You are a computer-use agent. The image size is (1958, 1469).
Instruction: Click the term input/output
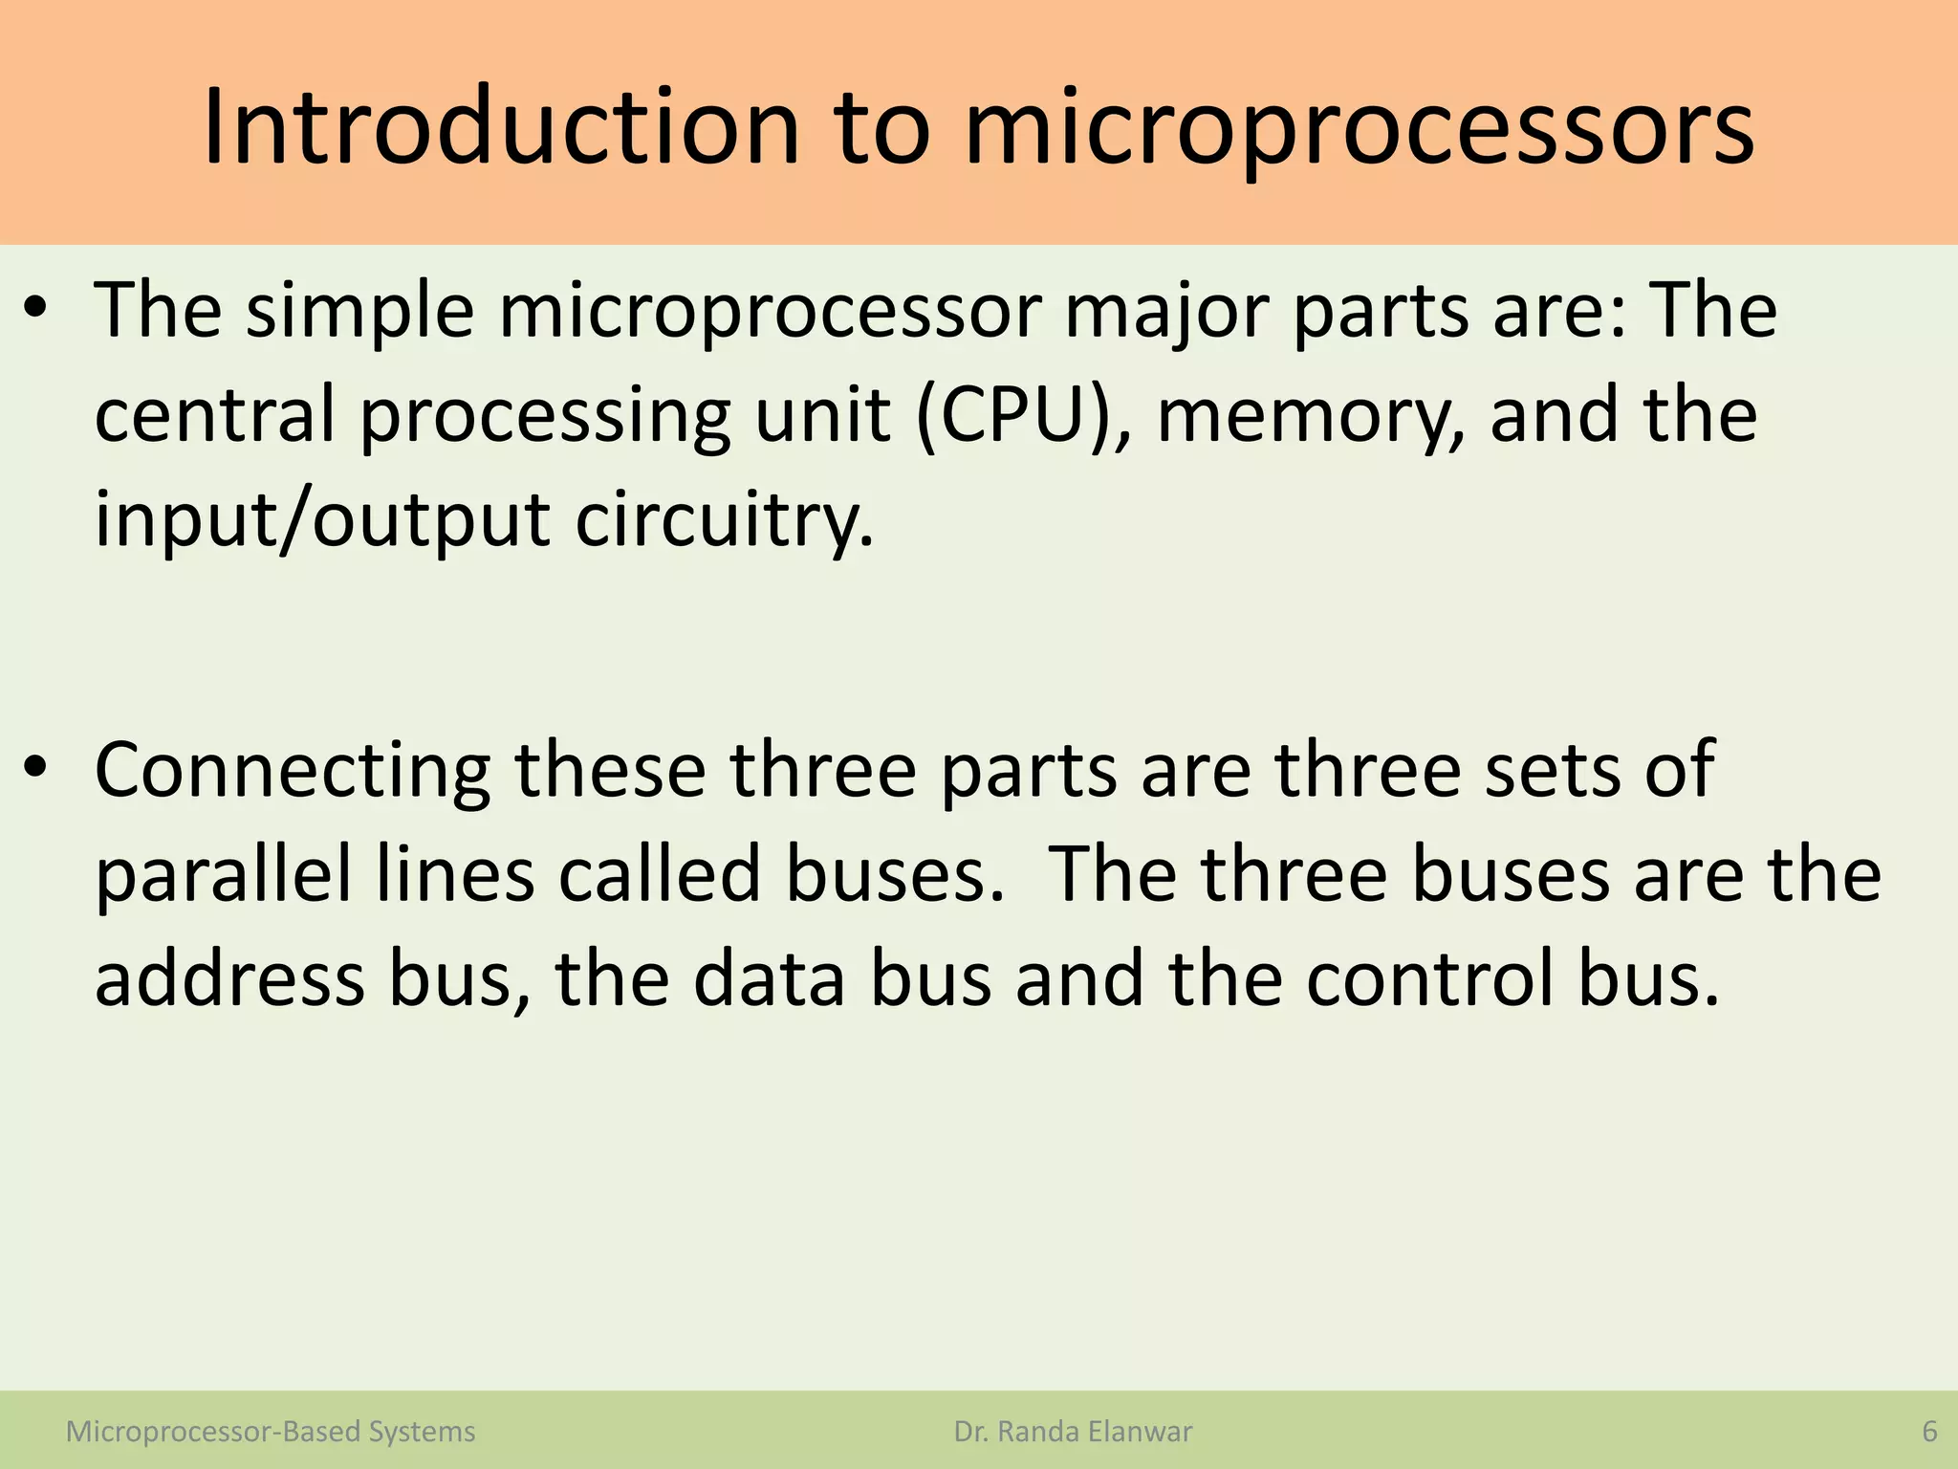click(x=322, y=520)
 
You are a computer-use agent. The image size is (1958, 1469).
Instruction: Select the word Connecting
click(x=293, y=769)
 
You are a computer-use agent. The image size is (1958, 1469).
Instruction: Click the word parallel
click(x=222, y=875)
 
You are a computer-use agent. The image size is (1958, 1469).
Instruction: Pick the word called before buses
click(x=660, y=875)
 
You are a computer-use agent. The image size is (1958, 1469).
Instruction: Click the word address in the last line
click(x=229, y=979)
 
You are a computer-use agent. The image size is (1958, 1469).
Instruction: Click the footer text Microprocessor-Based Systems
click(x=271, y=1432)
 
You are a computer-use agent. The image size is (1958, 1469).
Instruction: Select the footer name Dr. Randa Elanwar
click(x=1073, y=1432)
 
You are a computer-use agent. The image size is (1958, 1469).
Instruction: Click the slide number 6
click(x=1929, y=1432)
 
